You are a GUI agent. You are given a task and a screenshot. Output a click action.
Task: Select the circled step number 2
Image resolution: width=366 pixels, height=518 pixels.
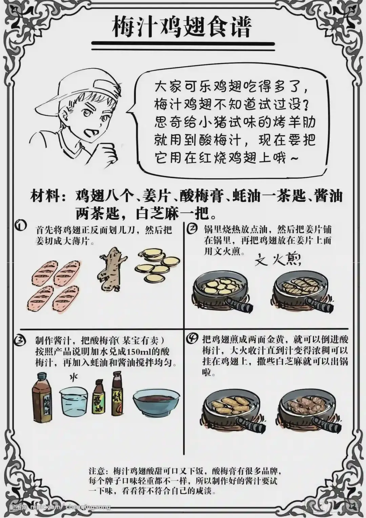click(x=192, y=229)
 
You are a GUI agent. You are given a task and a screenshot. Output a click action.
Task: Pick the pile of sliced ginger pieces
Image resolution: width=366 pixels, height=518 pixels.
click(x=157, y=264)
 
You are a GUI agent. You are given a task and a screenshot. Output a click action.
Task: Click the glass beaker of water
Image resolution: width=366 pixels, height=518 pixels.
click(x=74, y=403)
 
